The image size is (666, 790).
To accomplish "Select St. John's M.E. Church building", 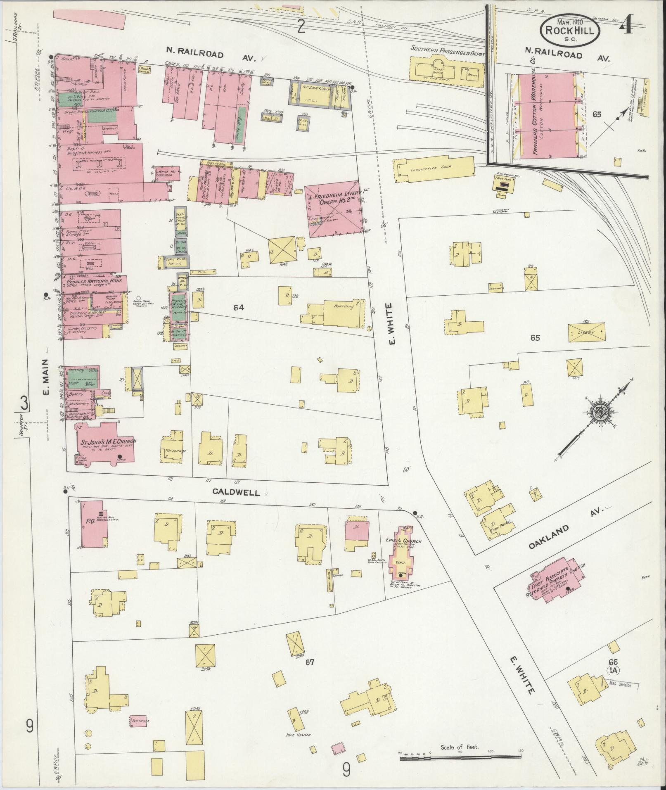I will (106, 444).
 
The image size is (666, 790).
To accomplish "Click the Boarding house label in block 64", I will (344, 307).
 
